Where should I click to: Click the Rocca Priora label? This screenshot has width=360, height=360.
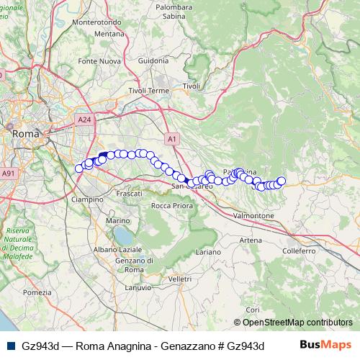click(x=171, y=206)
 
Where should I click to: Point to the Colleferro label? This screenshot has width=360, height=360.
click(x=300, y=251)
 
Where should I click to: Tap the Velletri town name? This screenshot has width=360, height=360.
click(x=179, y=279)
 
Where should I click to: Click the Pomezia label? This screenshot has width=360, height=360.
click(x=37, y=292)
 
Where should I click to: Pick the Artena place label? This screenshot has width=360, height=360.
click(x=251, y=240)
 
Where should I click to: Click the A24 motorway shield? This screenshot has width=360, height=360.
click(x=84, y=120)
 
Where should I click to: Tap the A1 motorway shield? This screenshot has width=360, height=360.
click(x=171, y=138)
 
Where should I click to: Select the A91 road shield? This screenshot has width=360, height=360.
click(x=8, y=174)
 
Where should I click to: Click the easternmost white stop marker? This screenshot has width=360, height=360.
click(x=282, y=181)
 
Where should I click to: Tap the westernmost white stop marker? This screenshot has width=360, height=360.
click(x=79, y=168)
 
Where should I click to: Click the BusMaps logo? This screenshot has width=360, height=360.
click(x=325, y=344)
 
